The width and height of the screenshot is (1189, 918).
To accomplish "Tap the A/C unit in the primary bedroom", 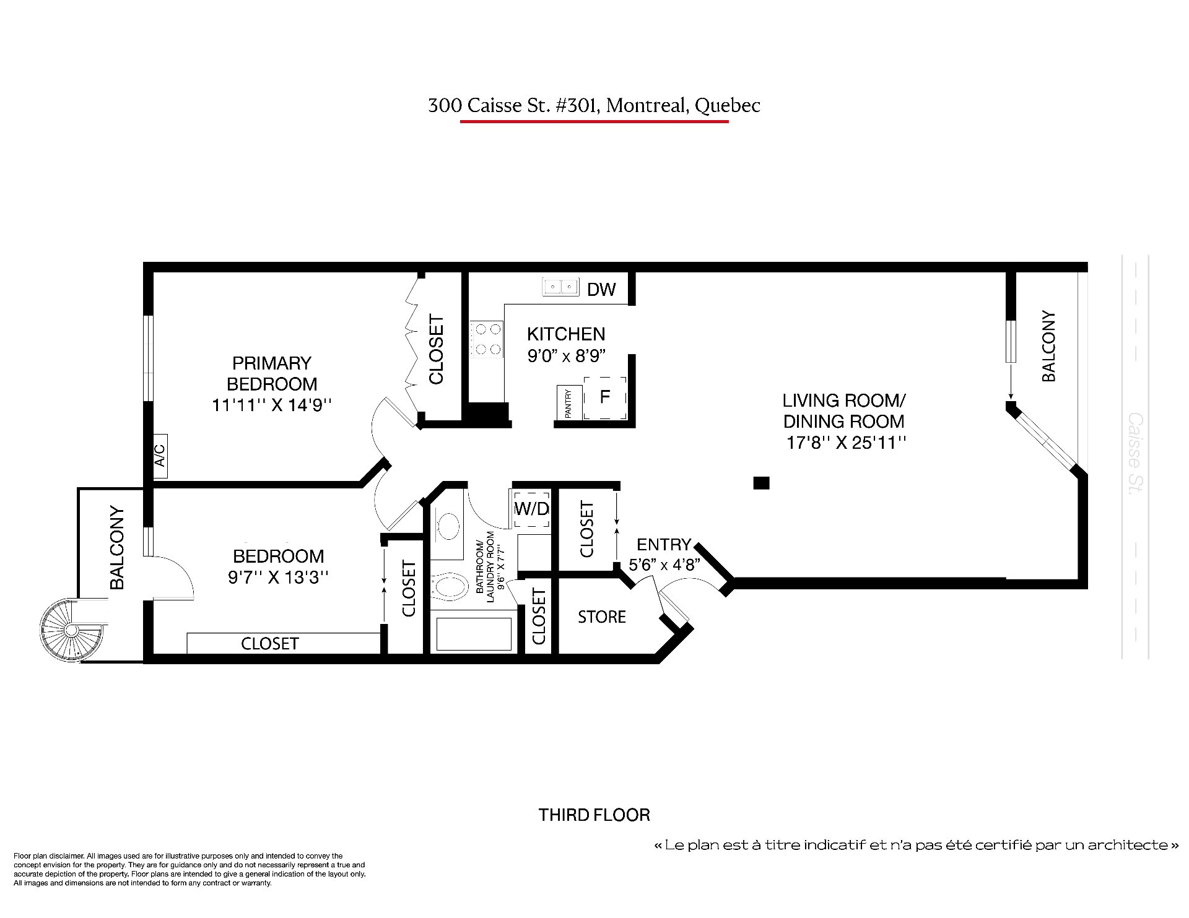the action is point(160,456).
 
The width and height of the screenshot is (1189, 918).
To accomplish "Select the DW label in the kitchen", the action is point(601,289).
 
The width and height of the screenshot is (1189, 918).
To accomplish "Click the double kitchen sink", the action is point(560,287).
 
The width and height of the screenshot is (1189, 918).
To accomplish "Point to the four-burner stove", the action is point(486,339).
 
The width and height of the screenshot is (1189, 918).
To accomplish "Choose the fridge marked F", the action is point(605,396).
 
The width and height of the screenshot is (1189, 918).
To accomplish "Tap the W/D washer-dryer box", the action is point(531,509).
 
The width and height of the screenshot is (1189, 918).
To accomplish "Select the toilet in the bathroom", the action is point(448,586).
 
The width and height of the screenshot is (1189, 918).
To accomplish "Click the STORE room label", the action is point(602,617).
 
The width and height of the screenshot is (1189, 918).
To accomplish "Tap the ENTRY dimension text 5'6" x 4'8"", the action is point(664,565).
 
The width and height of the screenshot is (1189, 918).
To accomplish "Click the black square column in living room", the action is point(761,483).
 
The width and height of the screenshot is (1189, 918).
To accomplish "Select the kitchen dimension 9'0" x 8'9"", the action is point(566,356).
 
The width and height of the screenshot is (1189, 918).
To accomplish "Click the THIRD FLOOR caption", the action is point(594,815).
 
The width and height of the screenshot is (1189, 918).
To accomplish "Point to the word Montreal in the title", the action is point(647,106).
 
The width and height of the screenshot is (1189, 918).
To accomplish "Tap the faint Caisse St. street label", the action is point(1136,453).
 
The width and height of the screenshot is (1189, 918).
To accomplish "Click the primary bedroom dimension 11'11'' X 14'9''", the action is point(272,405).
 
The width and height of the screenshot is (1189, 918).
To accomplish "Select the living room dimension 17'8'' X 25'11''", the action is point(847,443).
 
